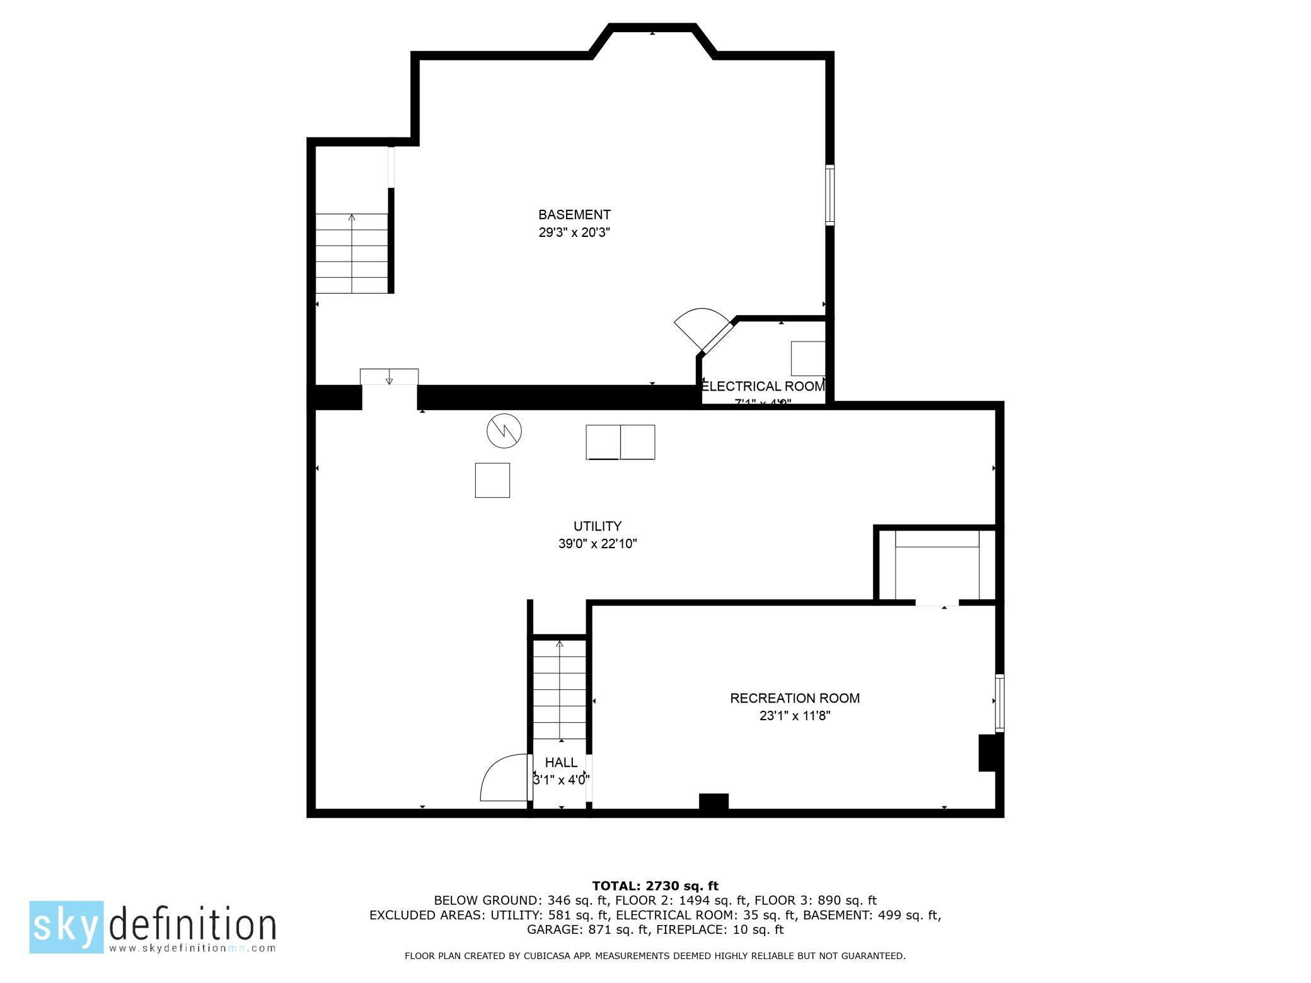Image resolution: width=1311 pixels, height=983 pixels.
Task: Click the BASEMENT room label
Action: pos(574,215)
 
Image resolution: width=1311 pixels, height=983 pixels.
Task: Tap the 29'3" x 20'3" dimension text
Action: pos(574,233)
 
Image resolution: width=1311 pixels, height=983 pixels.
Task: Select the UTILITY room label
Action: pos(597,526)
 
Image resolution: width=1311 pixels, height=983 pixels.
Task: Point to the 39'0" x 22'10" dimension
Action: pos(597,544)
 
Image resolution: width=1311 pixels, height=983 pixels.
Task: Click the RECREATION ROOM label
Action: pos(794,698)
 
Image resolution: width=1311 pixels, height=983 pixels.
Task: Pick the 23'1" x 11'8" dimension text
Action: pos(794,716)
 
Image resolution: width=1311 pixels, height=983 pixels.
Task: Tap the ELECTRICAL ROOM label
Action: pos(763,386)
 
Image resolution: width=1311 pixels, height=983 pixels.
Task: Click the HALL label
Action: pos(561,762)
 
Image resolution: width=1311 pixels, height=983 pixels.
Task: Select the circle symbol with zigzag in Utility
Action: pos(504,431)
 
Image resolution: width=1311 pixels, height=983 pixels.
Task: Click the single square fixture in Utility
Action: pos(492,480)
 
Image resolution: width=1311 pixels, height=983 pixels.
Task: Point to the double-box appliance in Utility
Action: pos(620,442)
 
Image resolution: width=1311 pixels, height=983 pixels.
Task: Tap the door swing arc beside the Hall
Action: pos(503,779)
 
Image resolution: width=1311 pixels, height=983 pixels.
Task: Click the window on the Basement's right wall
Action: pos(830,195)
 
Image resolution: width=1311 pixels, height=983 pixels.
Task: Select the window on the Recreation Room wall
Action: pos(999,703)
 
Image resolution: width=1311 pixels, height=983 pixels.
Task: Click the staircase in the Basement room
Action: pos(352,253)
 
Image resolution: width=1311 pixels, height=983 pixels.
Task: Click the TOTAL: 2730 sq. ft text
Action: pos(655,886)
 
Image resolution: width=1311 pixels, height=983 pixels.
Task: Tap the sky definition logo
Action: pos(153,926)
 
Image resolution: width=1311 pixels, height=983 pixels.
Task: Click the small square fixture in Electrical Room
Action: pos(807,359)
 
